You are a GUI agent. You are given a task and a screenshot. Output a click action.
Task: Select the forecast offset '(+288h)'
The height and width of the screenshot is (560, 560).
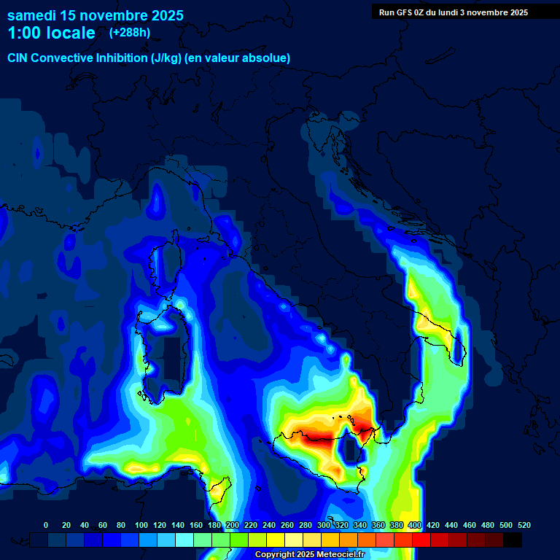[x=129, y=33]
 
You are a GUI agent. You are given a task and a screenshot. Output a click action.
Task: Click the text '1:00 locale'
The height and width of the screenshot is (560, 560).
[x=51, y=33]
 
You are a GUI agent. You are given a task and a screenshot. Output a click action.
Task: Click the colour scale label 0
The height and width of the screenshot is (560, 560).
[x=46, y=526]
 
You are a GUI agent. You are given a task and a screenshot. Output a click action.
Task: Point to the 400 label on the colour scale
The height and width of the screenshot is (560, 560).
[x=415, y=526]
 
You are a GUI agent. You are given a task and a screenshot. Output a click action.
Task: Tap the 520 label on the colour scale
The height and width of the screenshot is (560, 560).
[x=524, y=526]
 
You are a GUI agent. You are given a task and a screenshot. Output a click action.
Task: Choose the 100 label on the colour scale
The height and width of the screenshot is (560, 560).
[x=141, y=526]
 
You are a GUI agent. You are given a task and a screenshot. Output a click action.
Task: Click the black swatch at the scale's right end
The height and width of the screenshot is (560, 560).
[x=513, y=540]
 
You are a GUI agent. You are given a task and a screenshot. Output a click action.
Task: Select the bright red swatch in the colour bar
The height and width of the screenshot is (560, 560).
[x=421, y=540]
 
